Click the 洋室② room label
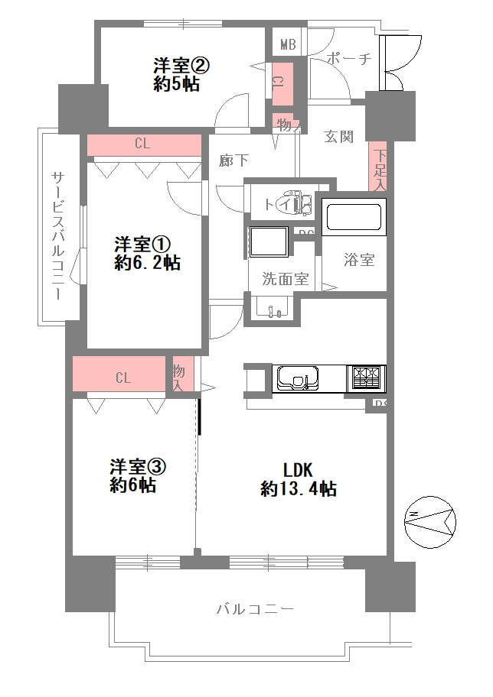(181, 66)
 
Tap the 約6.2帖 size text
(149, 264)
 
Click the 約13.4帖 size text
(299, 489)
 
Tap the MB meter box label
(288, 44)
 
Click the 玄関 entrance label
(338, 138)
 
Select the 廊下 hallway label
(233, 160)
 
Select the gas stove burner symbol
(367, 378)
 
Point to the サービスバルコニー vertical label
(58, 234)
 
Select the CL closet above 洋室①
(143, 143)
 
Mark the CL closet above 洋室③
(122, 377)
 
